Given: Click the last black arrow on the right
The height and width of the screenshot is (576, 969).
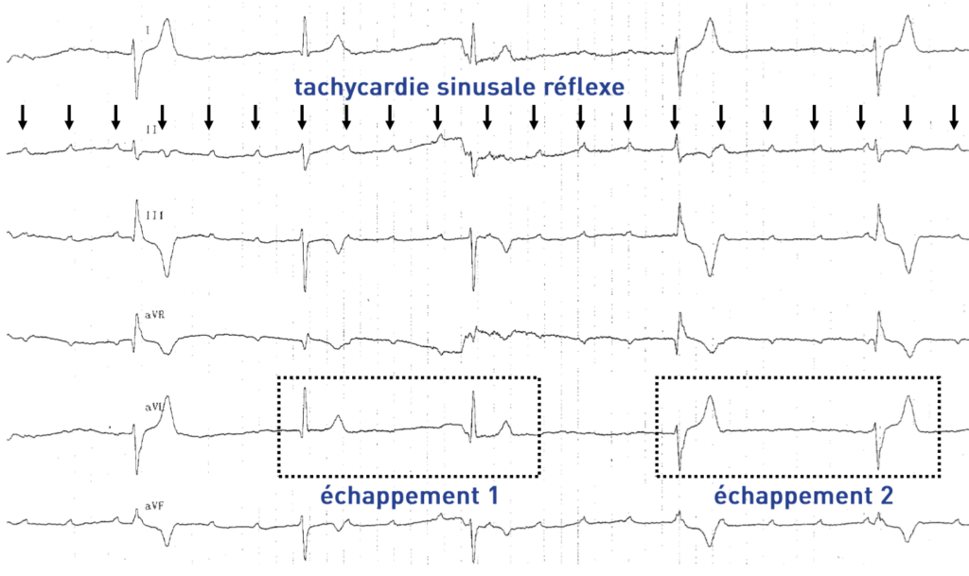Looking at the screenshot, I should click(x=954, y=118).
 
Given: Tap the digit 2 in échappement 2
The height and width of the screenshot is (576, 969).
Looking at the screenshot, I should click(x=886, y=495).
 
